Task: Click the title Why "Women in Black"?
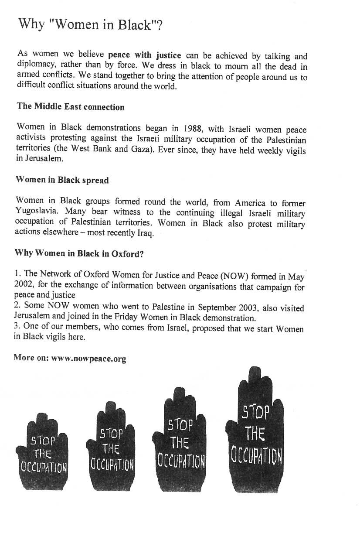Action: pyautogui.click(x=91, y=25)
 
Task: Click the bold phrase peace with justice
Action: pyautogui.click(x=144, y=55)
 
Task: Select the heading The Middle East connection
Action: pyautogui.click(x=71, y=107)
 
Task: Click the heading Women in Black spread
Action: pyautogui.click(x=62, y=180)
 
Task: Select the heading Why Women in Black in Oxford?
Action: pyautogui.click(x=79, y=253)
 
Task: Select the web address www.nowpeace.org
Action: pyautogui.click(x=88, y=359)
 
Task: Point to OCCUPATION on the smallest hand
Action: pyautogui.click(x=44, y=468)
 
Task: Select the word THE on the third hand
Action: pyautogui.click(x=180, y=443)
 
